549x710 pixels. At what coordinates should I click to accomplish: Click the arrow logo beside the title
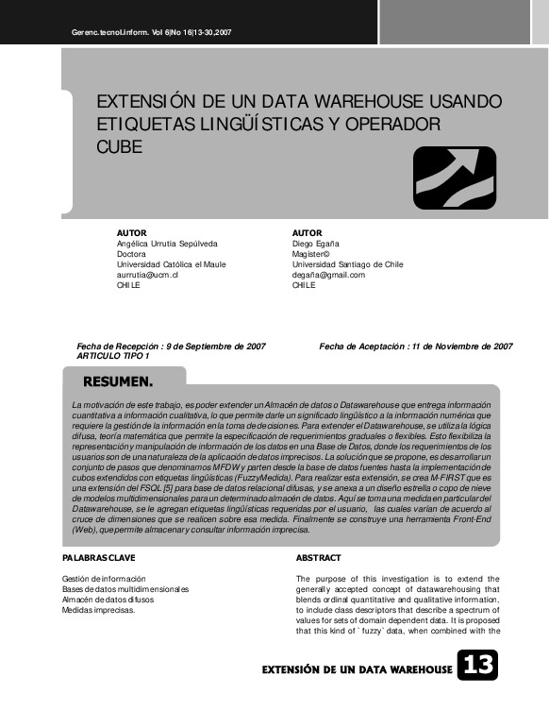coord(454,177)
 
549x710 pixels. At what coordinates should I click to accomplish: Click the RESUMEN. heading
coord(118,382)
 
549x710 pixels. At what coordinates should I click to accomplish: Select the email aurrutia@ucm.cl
coord(147,275)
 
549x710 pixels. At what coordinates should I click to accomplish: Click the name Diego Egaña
coord(316,244)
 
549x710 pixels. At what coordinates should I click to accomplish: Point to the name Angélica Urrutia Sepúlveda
coord(166,244)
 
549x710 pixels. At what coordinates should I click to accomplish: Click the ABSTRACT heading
coord(318,558)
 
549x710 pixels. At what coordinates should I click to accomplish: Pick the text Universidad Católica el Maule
coord(171,264)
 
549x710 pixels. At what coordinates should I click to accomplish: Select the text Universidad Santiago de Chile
coord(348,264)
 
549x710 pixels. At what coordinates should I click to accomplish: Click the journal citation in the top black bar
coord(151,32)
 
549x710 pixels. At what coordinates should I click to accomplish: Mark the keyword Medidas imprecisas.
coord(98,610)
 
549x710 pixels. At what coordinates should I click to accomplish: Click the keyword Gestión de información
coord(104,579)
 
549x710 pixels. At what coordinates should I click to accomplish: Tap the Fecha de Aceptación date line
coord(416,347)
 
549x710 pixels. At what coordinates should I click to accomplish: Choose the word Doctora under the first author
coord(131,254)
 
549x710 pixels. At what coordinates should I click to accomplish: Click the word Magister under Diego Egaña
coord(310,254)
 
